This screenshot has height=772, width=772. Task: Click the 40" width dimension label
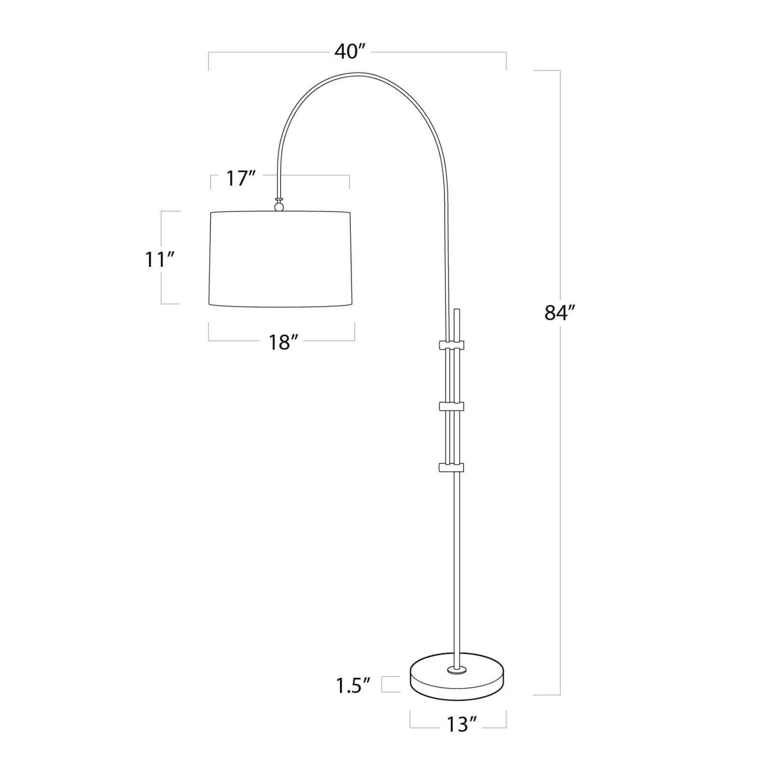coord(350,52)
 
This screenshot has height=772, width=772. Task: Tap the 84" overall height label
coord(560,313)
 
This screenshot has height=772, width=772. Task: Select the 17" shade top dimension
coord(240,179)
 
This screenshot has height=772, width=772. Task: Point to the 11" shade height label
coord(159,260)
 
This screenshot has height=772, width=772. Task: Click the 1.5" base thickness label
coord(353,686)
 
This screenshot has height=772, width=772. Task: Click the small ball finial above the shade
coord(279,207)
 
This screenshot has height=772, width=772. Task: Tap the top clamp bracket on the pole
coord(451,345)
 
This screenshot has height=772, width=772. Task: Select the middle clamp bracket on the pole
coord(451,406)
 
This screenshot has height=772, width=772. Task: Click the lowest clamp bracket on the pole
coord(451,467)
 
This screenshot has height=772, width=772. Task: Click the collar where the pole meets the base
coord(456,669)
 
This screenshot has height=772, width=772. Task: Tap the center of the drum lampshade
coord(280,259)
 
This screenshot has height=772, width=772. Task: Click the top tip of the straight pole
coord(457,310)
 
